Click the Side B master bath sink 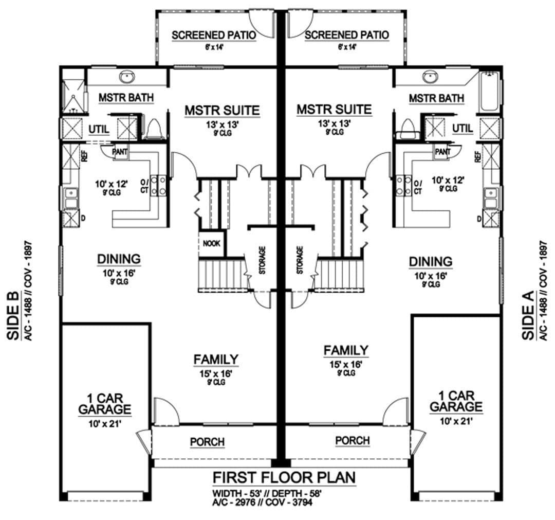coord(126,77)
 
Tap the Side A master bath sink coord(430,77)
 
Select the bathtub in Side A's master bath coord(489,92)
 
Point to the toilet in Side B coord(154,129)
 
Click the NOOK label coord(211,243)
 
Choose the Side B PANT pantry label coord(120,152)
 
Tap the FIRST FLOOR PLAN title coord(284,477)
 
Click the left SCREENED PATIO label coord(214,35)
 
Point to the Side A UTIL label coord(462,129)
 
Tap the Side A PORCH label coord(353,441)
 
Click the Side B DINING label coord(119,259)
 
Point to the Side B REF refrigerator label coord(84,156)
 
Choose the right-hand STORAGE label coord(300,260)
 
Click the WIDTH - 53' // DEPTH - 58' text coord(267,493)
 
